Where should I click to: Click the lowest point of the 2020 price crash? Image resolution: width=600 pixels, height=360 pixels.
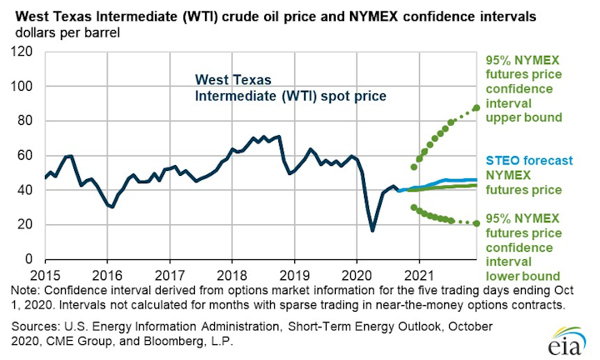click(372, 230)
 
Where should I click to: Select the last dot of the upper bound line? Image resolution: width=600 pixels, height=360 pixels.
click(476, 107)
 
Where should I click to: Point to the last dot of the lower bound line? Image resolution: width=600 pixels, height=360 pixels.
click(476, 223)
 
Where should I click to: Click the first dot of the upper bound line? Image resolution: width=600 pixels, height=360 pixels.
click(413, 167)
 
